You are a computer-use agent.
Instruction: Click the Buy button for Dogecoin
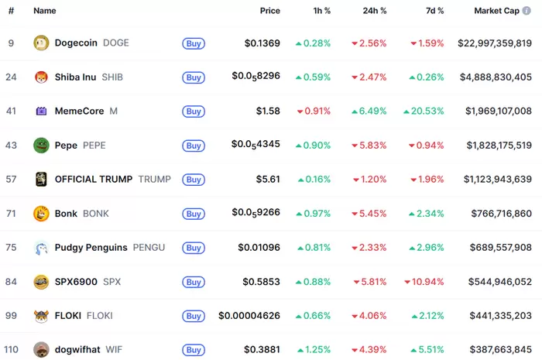click(x=194, y=43)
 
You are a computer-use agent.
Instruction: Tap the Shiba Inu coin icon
click(x=41, y=77)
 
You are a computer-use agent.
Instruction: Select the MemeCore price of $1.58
click(x=268, y=111)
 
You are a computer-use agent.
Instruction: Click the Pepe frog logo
click(x=41, y=145)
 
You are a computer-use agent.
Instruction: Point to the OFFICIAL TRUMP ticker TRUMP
click(x=154, y=179)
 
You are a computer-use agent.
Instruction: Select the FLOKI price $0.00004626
click(x=249, y=316)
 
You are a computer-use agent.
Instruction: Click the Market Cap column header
click(x=497, y=12)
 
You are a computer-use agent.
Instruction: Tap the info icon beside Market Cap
click(x=527, y=12)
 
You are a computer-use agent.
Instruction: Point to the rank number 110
click(x=11, y=350)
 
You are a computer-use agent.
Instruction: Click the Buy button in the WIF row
click(x=194, y=350)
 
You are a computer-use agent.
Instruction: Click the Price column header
click(x=269, y=12)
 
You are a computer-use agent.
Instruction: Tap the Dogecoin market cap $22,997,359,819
click(x=495, y=43)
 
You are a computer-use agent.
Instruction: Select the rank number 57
click(x=11, y=179)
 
